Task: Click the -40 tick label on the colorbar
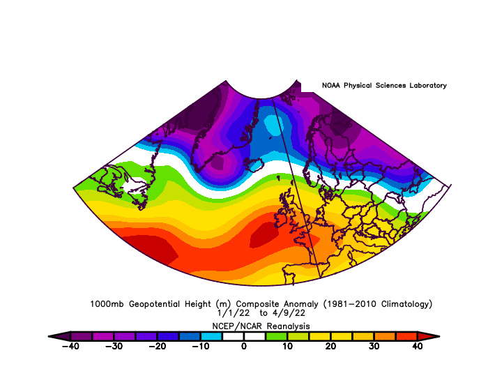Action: click(70, 346)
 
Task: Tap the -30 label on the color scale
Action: click(114, 346)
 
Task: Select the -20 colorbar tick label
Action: click(157, 346)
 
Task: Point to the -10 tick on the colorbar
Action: click(200, 346)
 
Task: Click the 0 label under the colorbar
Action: click(244, 346)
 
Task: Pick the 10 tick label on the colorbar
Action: click(287, 346)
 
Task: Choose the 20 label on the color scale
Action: click(330, 346)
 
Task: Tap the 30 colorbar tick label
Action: click(374, 346)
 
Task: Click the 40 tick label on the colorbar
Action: click(418, 346)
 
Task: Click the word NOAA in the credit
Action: click(332, 86)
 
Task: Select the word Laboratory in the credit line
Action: click(425, 86)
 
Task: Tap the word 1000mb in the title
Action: click(107, 304)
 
